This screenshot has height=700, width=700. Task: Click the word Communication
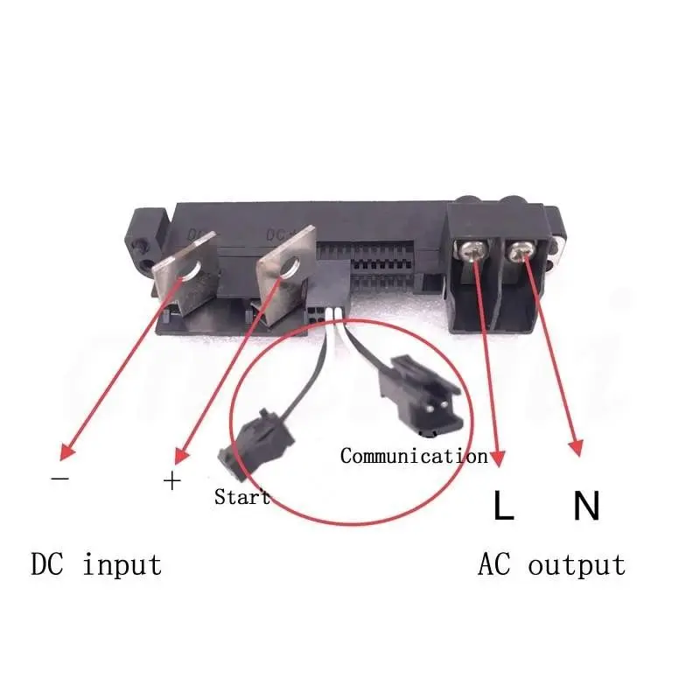413,456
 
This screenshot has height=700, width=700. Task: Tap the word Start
242,498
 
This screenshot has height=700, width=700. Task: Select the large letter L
503,506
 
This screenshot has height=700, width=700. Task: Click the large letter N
587,506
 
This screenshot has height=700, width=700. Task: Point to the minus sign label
60,479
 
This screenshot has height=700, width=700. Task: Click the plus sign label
172,480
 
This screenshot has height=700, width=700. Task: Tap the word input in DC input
122,564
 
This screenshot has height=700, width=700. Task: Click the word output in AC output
577,564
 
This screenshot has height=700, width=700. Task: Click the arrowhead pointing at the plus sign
180,456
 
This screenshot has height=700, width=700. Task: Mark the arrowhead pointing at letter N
576,450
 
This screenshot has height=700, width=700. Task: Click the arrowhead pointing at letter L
498,457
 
